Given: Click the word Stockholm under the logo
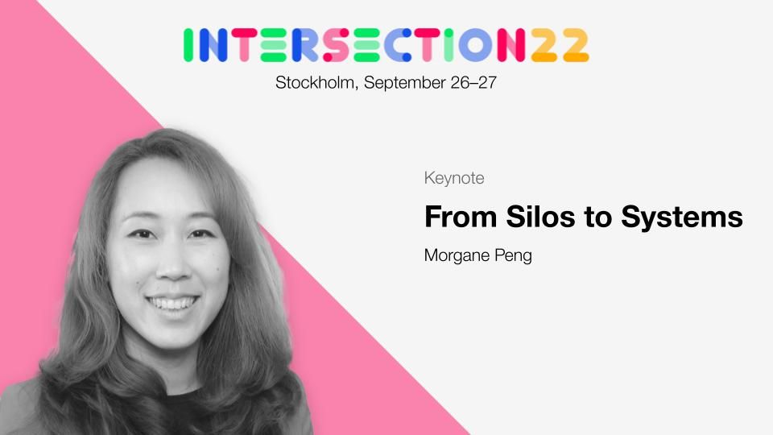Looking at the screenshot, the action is [x=315, y=82].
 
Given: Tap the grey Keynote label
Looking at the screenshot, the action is [x=454, y=178].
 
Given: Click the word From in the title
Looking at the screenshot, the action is [x=461, y=217].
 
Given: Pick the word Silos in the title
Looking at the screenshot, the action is [x=540, y=217].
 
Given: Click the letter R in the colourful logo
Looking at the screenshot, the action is [x=305, y=45].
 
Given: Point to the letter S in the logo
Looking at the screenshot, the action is [x=337, y=45].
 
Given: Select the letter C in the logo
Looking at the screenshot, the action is [x=398, y=45].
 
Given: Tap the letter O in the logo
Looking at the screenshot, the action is [x=475, y=45].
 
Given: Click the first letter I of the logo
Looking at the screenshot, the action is [x=188, y=45].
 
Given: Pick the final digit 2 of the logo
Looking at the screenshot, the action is [x=576, y=45].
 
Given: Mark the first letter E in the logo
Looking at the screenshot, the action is [x=274, y=45].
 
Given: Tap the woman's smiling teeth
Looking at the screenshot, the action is [x=172, y=302].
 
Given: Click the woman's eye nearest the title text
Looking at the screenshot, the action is [x=201, y=234].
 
